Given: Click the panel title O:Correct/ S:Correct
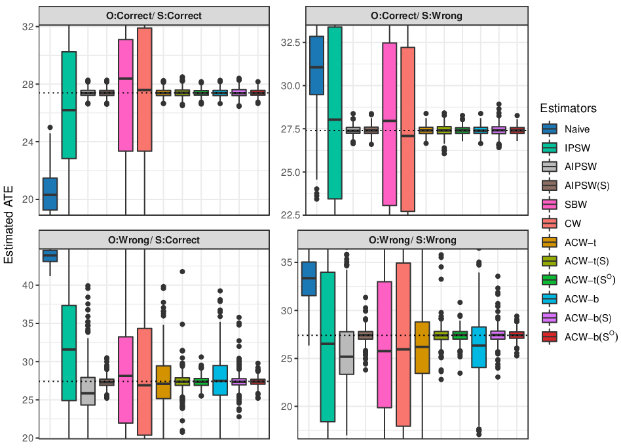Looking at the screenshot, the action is click(154, 16).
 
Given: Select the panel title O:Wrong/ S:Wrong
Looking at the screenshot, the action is click(412, 240).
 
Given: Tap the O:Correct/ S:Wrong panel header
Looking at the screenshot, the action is click(416, 16).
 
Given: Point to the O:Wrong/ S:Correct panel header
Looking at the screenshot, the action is click(154, 240).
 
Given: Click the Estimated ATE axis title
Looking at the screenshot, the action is click(9, 225).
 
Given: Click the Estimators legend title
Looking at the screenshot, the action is click(568, 108).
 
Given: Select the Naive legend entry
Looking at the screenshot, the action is click(577, 129).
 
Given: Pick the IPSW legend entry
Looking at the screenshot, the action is click(577, 148).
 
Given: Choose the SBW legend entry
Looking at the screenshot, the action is click(576, 205).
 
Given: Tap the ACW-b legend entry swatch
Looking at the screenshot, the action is click(550, 299).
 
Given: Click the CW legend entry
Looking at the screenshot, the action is click(573, 224).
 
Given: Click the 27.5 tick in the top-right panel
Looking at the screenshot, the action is click(291, 129).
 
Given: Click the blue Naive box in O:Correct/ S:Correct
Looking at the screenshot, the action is click(50, 194).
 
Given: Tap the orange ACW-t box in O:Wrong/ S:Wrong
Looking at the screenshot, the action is click(422, 348).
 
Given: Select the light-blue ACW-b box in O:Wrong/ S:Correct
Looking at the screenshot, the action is click(220, 380).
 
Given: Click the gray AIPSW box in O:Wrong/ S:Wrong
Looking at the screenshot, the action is click(347, 353).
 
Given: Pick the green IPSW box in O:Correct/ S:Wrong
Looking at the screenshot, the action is click(335, 113).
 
